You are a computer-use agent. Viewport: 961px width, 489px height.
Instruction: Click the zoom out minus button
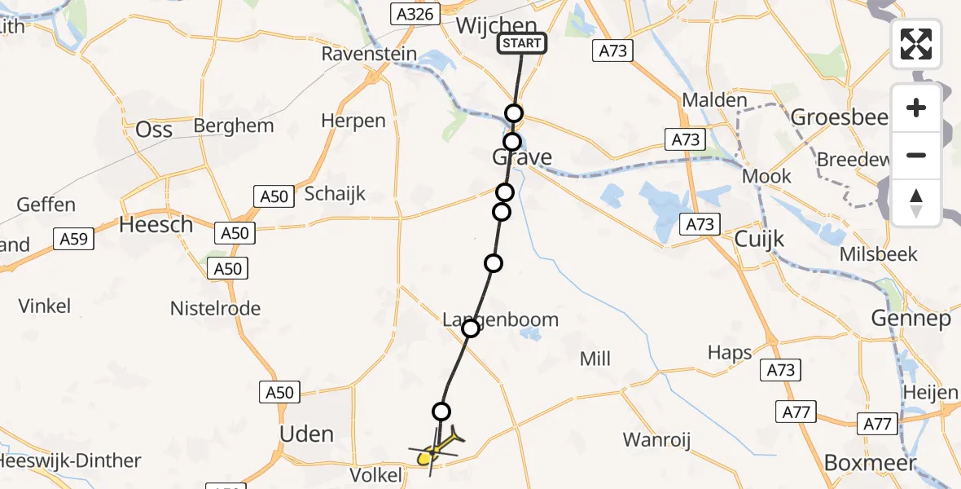(916, 155)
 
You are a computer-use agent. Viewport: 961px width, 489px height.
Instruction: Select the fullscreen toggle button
(916, 43)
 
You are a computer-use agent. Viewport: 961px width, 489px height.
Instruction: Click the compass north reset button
(916, 202)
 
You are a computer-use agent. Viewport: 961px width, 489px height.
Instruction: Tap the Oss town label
(154, 129)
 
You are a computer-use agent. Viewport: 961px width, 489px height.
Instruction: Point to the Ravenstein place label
(369, 55)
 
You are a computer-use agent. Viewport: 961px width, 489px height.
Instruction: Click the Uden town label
(306, 434)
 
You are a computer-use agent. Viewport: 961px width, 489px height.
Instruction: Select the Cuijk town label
(759, 239)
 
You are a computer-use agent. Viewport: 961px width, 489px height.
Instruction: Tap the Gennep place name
(911, 318)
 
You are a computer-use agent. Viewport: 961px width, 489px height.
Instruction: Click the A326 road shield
(415, 13)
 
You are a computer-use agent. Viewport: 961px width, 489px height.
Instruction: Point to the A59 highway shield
(74, 239)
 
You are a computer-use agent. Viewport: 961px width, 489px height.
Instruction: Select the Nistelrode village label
(215, 308)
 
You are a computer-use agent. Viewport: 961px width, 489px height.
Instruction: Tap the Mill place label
(595, 358)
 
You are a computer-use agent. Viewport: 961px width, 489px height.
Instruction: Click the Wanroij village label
(657, 440)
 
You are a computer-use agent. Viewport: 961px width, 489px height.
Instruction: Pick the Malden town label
(714, 100)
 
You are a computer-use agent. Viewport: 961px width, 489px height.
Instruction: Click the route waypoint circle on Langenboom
(471, 328)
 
